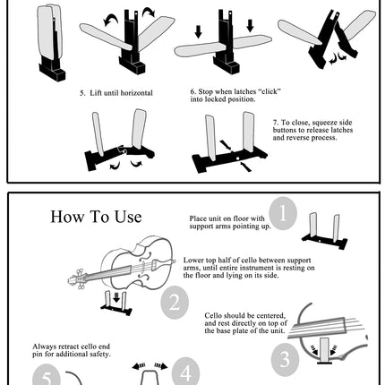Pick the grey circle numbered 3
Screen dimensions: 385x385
(x=285, y=360)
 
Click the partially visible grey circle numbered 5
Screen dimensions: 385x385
(x=46, y=375)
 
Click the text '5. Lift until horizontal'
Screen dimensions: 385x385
(x=115, y=93)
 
